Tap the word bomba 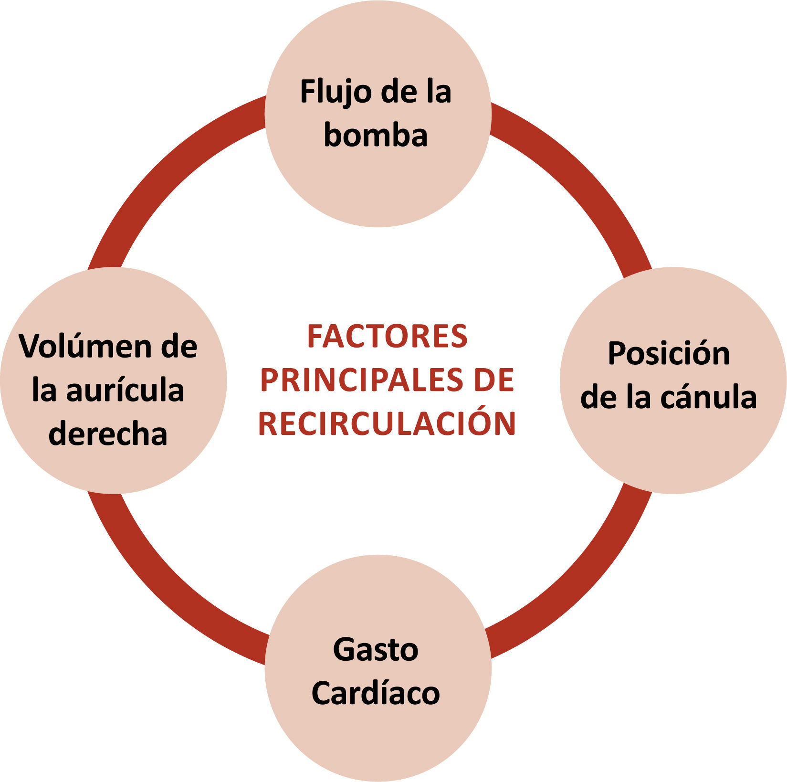376,136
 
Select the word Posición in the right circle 669,355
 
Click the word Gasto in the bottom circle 376,650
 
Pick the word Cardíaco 376,693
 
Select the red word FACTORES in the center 387,337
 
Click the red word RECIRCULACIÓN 387,423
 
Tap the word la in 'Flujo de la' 438,93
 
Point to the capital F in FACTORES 315,337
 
